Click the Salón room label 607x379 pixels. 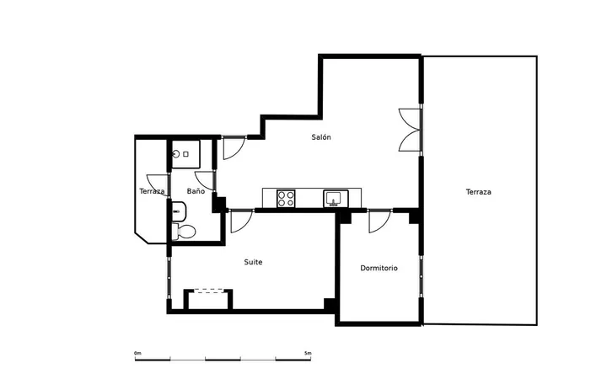321,137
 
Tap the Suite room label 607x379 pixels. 253,262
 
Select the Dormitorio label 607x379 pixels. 379,268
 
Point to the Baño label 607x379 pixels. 196,190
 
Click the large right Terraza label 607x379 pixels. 479,191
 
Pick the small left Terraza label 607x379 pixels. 152,191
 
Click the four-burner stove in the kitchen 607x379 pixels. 286,199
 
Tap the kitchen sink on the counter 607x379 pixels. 336,199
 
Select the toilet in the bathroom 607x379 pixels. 184,232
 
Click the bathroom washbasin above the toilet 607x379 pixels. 179,211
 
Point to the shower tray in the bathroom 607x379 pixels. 185,154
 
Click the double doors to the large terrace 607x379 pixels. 410,130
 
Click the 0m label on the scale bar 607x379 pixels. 137,353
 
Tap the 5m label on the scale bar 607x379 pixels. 308,353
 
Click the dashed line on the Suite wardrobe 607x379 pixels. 208,292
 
